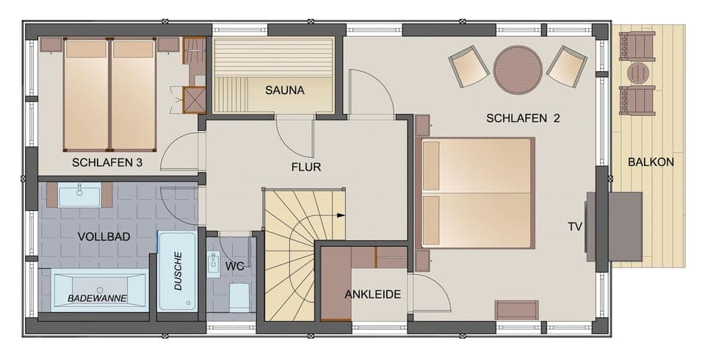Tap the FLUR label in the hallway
click(306, 167)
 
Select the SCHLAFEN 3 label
click(107, 162)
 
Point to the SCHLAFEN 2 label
click(523, 118)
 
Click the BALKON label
click(651, 162)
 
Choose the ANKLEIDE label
click(373, 295)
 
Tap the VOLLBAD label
click(104, 237)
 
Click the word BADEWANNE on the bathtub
click(98, 298)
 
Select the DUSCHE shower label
click(178, 271)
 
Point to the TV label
click(574, 226)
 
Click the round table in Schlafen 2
click(518, 70)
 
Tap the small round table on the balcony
click(638, 73)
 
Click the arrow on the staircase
click(341, 215)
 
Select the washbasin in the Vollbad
click(79, 195)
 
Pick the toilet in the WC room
click(239, 297)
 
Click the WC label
click(235, 265)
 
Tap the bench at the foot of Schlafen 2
click(517, 309)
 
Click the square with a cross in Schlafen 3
click(194, 99)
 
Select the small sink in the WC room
click(214, 264)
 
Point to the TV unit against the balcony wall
click(625, 226)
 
